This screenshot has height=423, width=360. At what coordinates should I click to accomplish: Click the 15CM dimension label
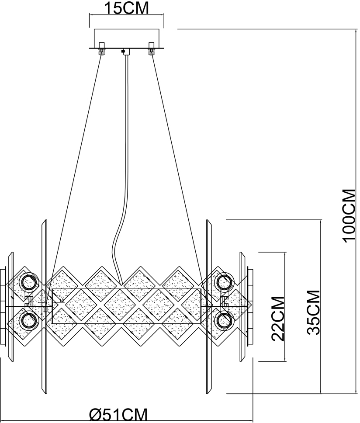[126, 8]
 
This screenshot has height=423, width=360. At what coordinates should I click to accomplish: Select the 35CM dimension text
[313, 312]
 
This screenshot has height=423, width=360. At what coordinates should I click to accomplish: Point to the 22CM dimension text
[278, 319]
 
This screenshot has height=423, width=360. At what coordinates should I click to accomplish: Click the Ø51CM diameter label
[118, 415]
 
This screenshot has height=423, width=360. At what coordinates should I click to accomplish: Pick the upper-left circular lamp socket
[29, 282]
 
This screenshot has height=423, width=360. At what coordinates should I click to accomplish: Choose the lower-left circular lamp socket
[29, 320]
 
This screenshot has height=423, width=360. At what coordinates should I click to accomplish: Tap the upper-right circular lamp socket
[225, 282]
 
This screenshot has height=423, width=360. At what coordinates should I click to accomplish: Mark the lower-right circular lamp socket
[225, 320]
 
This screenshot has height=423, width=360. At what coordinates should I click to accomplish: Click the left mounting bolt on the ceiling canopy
[102, 49]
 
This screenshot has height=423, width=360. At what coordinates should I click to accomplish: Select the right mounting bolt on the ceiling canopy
[151, 49]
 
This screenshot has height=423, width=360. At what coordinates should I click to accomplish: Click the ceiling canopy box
[126, 39]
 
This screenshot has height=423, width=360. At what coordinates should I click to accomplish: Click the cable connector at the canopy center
[126, 52]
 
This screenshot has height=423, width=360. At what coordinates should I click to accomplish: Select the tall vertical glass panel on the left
[44, 307]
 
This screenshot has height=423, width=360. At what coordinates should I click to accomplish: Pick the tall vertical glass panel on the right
[209, 307]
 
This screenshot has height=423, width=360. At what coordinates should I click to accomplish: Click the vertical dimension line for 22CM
[285, 307]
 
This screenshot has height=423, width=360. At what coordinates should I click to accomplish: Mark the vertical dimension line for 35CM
[320, 307]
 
